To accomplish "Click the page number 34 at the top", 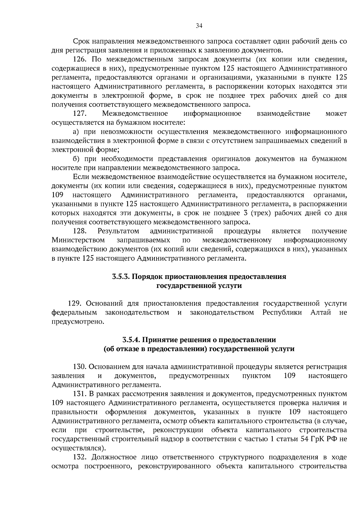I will [199, 26].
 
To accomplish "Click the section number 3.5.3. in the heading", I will [121, 277].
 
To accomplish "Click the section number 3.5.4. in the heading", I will [131, 340].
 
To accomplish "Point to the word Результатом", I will [118, 231].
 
